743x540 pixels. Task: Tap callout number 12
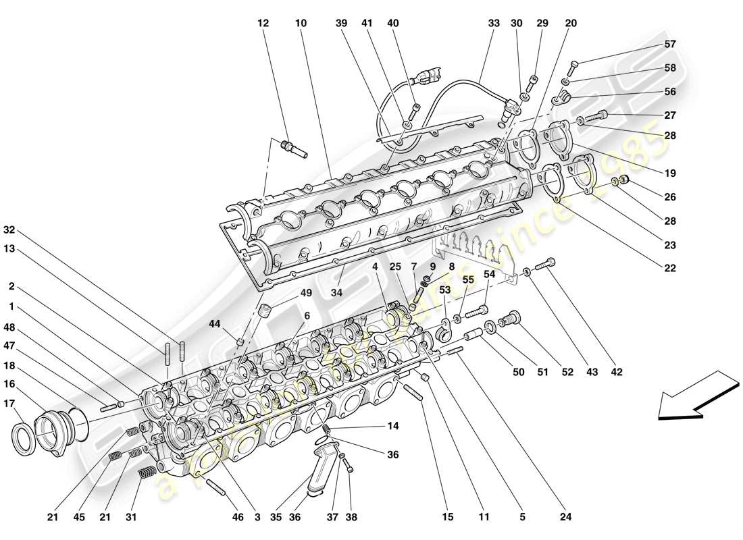pos(263,23)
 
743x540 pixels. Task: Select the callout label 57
pos(669,45)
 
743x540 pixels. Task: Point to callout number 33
pos(493,23)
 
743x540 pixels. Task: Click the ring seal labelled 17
pos(25,439)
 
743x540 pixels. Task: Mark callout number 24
pos(566,518)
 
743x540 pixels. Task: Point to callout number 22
pos(669,268)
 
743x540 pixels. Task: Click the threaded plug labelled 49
pos(265,313)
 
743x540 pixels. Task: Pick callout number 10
pos(301,23)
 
